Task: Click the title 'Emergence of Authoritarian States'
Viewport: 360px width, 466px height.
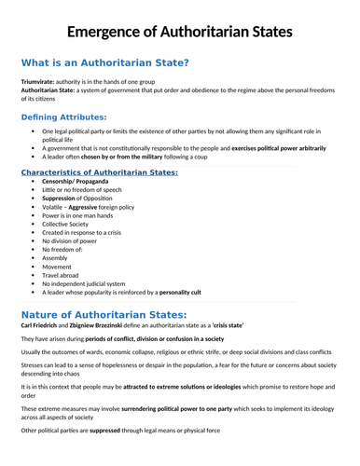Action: coord(180,32)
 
